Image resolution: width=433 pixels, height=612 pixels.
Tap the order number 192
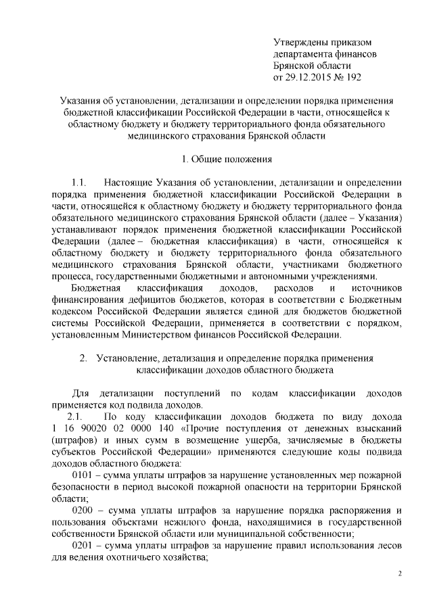354,78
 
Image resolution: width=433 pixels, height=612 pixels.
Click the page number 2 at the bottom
399,574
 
